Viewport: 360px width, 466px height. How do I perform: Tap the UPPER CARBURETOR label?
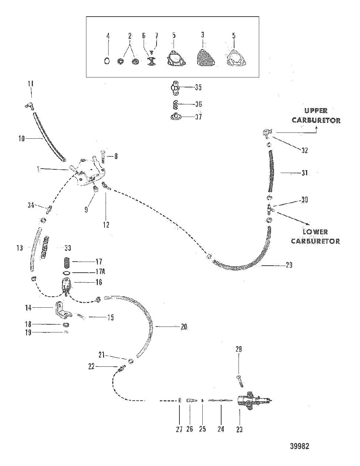(316, 115)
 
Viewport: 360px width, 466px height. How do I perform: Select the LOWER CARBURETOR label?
(315, 237)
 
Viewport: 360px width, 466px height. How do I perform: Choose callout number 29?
(289, 265)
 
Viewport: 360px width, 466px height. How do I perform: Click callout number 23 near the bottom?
(239, 429)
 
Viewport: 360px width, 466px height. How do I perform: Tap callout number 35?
(198, 87)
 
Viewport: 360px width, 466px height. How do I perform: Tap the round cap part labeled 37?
(176, 117)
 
